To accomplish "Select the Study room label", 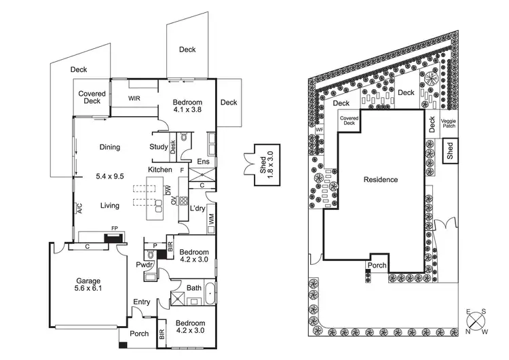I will coord(158,147).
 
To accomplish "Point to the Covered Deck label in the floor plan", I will coord(92,97).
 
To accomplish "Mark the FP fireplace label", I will coord(115,229).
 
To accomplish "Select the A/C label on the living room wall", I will coord(79,207).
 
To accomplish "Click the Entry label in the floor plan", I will coord(143,302).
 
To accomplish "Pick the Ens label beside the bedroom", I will coord(203,162).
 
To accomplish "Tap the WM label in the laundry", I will coord(211,220).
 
